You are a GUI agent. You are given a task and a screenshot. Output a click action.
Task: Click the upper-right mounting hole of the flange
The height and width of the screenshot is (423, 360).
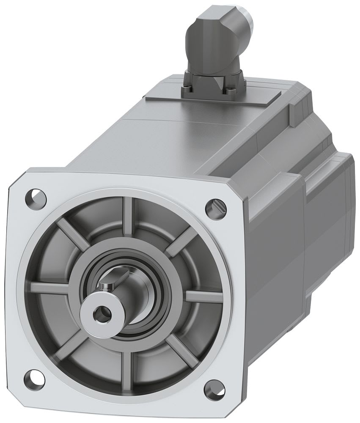(x=216, y=207)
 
